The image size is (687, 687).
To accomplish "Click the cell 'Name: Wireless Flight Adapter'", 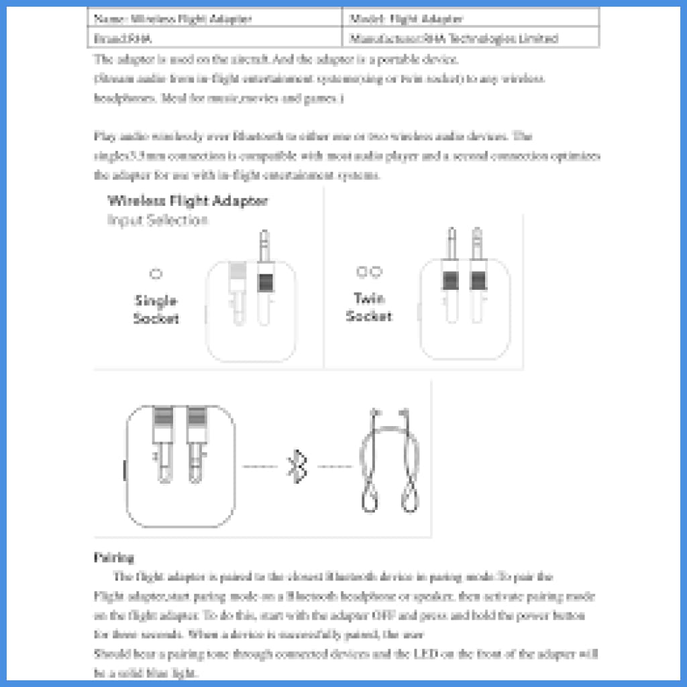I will (215, 19).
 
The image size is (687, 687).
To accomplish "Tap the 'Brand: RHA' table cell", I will (215, 39).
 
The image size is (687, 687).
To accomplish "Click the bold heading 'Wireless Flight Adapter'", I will (188, 201).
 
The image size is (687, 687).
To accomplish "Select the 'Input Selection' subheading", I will (158, 220).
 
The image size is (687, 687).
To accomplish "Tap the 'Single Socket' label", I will (156, 309).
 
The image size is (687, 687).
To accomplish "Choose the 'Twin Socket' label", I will (369, 307).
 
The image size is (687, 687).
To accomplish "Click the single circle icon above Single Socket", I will (156, 274).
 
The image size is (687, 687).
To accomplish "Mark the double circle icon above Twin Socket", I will (369, 272).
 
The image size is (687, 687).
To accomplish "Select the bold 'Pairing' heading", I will (114, 557).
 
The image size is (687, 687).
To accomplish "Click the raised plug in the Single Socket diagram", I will (264, 275).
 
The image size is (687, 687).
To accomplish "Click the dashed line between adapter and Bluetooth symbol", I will (260, 466).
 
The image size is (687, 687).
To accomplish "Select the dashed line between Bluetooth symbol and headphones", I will (335, 466).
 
